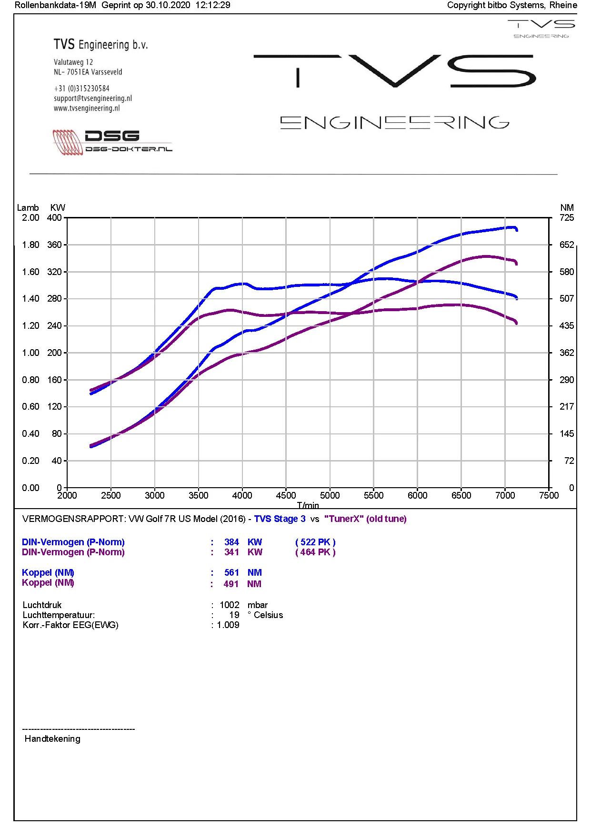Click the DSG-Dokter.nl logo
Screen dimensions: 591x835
112,142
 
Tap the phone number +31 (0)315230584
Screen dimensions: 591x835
81,88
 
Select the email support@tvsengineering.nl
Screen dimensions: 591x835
93,98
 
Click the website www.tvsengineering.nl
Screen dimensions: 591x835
87,108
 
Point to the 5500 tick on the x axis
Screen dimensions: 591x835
373,495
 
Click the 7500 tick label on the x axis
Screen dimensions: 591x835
549,495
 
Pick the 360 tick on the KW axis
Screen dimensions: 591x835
54,245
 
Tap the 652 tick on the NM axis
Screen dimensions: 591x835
567,245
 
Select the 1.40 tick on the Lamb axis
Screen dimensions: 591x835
30,298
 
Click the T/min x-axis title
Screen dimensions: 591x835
308,505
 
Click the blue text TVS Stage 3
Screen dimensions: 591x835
280,519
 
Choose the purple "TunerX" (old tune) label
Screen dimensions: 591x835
365,519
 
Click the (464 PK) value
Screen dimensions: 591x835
315,552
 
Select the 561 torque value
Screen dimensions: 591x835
231,572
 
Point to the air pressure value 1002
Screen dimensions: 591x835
230,605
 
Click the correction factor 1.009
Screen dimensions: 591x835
228,625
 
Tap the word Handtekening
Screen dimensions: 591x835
52,738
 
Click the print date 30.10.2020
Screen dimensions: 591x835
168,5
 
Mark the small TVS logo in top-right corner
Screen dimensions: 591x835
541,29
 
